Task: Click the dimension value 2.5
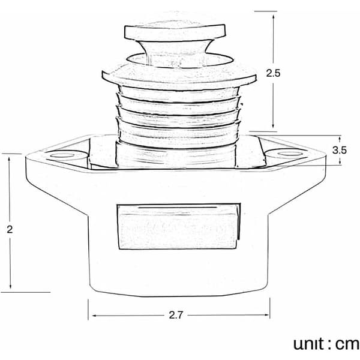(x=273, y=73)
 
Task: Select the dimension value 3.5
(x=340, y=150)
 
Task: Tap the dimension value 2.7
(x=176, y=315)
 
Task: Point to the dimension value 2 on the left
(x=10, y=229)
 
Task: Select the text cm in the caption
(x=347, y=344)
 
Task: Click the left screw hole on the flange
(x=62, y=155)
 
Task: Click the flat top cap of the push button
(x=175, y=32)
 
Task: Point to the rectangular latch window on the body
(x=179, y=226)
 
